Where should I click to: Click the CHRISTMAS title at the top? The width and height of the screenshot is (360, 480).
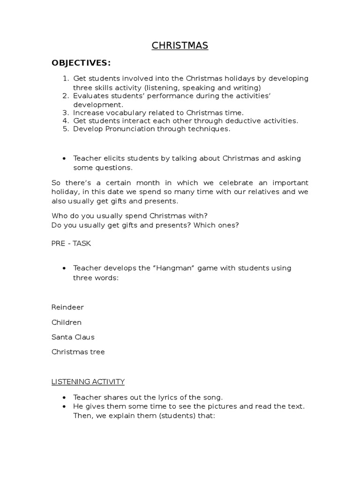[x=180, y=45]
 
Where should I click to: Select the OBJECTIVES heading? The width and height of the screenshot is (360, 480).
[x=81, y=63]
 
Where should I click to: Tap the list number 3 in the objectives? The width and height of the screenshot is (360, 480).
[x=66, y=112]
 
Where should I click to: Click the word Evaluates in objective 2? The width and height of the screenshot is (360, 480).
[x=90, y=96]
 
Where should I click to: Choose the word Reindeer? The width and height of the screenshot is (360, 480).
[x=67, y=307]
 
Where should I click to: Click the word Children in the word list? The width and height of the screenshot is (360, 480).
[x=67, y=322]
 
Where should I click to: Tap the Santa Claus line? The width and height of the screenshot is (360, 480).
[x=73, y=337]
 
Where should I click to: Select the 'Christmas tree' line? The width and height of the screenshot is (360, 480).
[x=78, y=352]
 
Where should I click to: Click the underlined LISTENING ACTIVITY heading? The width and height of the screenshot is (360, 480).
[x=88, y=382]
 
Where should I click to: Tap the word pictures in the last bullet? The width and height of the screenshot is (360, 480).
[x=210, y=406]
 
